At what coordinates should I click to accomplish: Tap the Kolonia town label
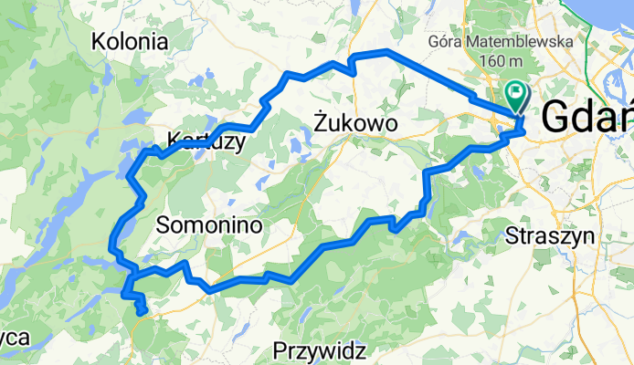point(131,41)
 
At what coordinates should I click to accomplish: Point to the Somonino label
point(209,224)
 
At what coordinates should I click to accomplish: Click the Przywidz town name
point(320,349)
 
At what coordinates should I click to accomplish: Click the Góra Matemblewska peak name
point(500,42)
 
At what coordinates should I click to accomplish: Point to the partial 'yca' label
point(15,338)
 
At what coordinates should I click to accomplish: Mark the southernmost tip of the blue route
point(143,313)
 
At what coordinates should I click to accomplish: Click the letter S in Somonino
point(164,224)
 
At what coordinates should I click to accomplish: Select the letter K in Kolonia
point(99,41)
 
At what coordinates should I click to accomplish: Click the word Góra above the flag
point(446,42)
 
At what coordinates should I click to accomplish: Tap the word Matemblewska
point(519,42)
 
